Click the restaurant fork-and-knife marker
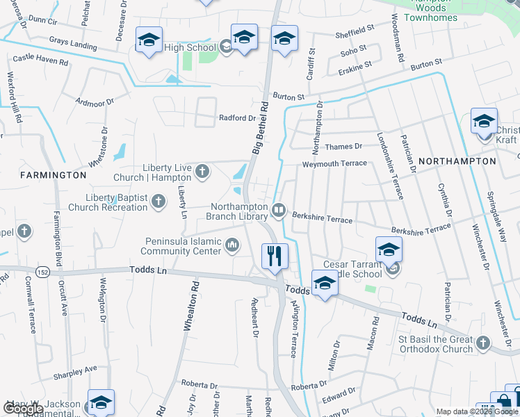pyautogui.click(x=275, y=256)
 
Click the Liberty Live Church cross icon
pyautogui.click(x=202, y=170)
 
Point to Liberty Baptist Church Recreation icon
pyautogui.click(x=159, y=202)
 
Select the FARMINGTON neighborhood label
pyautogui.click(x=53, y=175)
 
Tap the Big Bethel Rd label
pyautogui.click(x=260, y=129)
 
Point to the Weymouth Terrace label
pyautogui.click(x=334, y=163)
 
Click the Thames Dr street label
pyautogui.click(x=344, y=147)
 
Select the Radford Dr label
pyautogui.click(x=238, y=118)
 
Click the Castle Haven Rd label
pyautogui.click(x=40, y=60)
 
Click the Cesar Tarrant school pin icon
pyautogui.click(x=389, y=250)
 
